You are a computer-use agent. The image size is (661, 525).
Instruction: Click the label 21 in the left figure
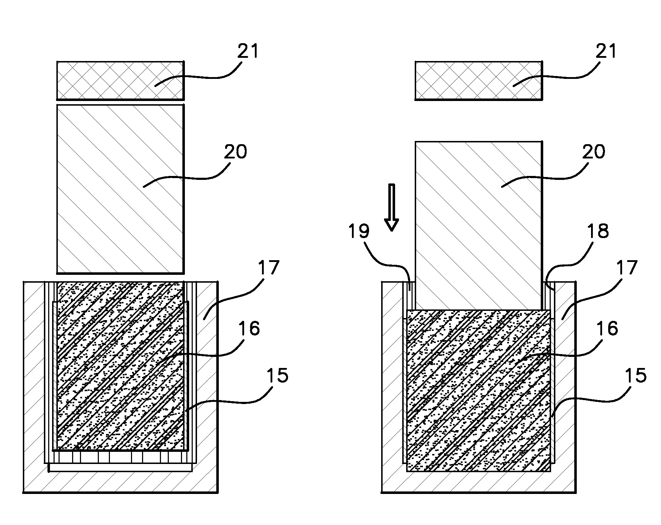(247, 52)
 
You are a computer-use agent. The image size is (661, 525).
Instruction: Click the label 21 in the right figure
(606, 52)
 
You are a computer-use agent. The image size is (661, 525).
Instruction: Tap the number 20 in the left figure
(236, 152)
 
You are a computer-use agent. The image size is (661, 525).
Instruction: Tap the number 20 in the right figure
(594, 152)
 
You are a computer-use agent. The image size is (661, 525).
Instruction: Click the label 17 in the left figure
(268, 268)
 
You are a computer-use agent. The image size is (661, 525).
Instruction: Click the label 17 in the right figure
(627, 268)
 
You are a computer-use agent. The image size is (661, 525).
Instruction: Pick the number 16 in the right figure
(608, 328)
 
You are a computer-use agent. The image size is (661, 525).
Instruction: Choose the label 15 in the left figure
(277, 375)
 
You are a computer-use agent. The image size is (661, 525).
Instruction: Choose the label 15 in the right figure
(636, 375)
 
